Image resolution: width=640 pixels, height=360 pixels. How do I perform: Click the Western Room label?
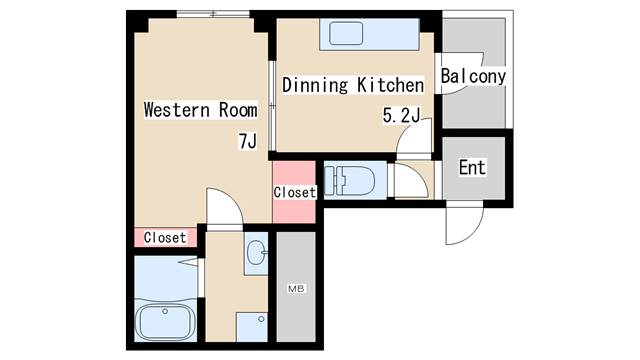200,110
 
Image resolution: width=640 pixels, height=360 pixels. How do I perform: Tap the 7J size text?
248,141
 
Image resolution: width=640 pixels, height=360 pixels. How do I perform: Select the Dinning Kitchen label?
353,85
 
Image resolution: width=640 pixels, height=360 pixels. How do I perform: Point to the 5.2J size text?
401,115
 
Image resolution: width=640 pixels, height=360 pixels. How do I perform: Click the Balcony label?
473,76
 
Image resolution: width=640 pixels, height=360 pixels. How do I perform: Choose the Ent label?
472,167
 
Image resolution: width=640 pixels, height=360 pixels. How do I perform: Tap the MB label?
296,289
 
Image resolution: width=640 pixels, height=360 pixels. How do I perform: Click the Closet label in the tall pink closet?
295,192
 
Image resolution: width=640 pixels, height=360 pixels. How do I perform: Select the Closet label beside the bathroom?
165,237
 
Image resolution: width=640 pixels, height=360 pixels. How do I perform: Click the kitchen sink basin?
346,33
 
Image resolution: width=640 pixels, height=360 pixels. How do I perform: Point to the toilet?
350,180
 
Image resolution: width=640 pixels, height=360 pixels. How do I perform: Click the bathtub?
165,320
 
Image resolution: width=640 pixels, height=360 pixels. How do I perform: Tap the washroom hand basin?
257,252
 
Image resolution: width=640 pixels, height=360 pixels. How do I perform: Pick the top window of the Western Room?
213,14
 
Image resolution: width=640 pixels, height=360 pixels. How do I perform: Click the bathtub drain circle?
165,311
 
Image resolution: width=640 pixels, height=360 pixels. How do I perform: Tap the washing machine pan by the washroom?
252,327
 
